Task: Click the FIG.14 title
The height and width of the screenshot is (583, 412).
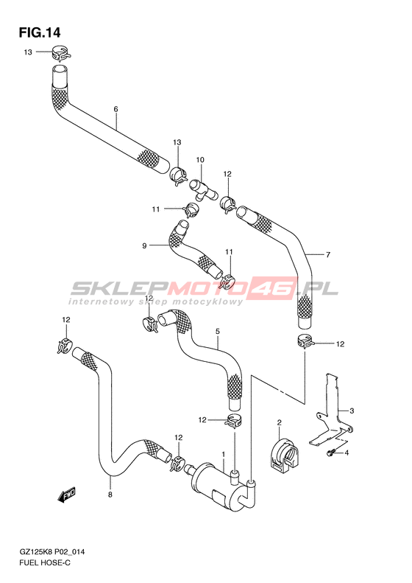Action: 39,32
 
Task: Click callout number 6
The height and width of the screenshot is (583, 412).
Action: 116,109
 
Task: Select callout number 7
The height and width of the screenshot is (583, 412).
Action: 327,255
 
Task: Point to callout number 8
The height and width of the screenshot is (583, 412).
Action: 110,495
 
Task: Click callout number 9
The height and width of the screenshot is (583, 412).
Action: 144,245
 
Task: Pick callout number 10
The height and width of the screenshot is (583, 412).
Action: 200,160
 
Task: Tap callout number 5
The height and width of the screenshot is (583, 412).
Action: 218,331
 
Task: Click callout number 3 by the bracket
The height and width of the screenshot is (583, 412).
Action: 352,411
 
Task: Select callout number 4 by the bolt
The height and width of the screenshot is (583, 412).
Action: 347,453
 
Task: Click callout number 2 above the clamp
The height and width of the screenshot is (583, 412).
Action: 279,422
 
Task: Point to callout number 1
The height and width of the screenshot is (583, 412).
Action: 224,454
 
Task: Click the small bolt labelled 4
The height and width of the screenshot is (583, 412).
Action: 331,453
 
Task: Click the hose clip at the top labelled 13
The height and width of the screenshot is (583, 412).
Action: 60,53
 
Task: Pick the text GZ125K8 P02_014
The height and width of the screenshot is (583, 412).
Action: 52,552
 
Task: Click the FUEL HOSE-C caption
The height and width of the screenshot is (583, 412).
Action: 45,563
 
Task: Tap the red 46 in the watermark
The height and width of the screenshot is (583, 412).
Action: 273,287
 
